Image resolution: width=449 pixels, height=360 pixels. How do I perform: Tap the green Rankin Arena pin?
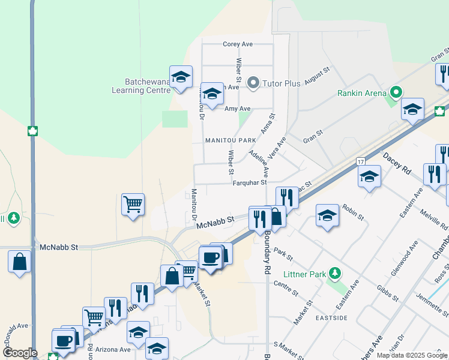coord(395,92)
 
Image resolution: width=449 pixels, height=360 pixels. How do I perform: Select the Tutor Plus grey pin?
coord(253,83)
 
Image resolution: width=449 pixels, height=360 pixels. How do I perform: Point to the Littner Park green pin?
coord(335,274)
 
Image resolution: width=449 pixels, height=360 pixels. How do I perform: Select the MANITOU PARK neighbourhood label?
coord(231,140)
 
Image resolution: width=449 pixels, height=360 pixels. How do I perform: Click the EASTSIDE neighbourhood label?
coord(330,317)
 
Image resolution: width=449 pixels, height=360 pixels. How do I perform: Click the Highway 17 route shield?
coord(360,161)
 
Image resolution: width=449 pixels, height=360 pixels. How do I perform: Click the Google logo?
coord(20,353)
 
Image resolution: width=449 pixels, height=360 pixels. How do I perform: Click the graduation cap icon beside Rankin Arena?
coord(412,109)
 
